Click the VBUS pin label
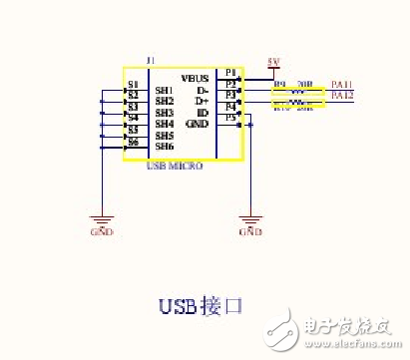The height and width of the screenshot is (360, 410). (x=195, y=77)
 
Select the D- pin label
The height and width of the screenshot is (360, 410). (x=202, y=89)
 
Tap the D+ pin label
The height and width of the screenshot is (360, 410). (x=202, y=101)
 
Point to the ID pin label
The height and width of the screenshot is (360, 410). (x=203, y=113)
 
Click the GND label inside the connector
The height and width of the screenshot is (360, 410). (x=197, y=124)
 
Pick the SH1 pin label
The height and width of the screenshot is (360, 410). (x=165, y=91)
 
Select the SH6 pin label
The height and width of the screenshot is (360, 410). (x=165, y=147)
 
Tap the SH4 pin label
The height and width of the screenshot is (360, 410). (x=165, y=124)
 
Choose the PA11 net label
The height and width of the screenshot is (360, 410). (x=342, y=85)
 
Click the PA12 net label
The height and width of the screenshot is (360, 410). (x=342, y=96)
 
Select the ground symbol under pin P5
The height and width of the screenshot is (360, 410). (x=250, y=221)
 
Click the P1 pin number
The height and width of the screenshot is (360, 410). (x=230, y=73)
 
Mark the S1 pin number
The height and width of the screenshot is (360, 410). (x=132, y=84)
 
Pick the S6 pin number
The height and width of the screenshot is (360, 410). (x=132, y=142)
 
